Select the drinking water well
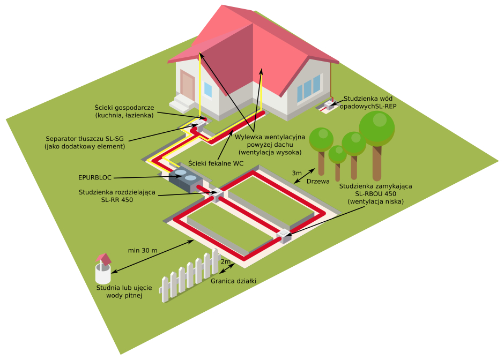103,269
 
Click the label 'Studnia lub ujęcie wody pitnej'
124,291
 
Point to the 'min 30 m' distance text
143,250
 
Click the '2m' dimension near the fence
226,261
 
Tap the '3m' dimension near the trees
297,173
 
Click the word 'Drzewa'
317,182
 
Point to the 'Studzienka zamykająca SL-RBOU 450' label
375,193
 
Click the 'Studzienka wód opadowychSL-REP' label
371,102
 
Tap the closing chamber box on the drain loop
284,236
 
